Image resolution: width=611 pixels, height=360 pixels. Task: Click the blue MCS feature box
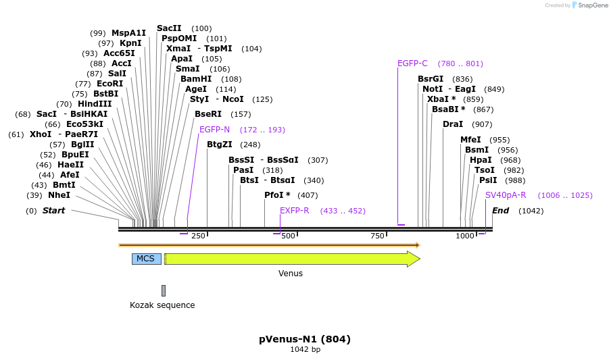coord(146,259)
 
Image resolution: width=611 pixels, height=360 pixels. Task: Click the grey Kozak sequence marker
coord(163,290)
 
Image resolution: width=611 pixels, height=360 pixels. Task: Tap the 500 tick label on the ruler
coord(289,236)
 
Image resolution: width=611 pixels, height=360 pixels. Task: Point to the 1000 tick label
coord(465,236)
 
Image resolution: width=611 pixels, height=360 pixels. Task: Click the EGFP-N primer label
coord(215,130)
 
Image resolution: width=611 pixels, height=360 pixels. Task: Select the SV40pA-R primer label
coord(506,195)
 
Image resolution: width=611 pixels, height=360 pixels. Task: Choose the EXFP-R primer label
coord(295,211)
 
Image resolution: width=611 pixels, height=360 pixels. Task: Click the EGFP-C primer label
coord(412,63)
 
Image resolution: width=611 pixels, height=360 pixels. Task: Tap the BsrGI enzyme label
coord(431,79)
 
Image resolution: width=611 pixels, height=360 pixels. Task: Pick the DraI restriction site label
coord(453,124)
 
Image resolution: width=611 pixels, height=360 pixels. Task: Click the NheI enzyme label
coord(59,195)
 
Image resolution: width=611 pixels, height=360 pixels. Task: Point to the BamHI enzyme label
coord(196,79)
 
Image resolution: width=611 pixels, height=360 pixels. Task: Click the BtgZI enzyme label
coord(220,145)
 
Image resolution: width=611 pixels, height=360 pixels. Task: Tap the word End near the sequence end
coord(500,211)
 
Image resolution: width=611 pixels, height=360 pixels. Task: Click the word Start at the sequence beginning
coord(53,211)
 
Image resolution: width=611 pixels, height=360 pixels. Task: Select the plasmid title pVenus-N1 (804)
coord(305,339)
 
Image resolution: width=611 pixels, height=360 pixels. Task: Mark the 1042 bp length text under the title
coord(305,350)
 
